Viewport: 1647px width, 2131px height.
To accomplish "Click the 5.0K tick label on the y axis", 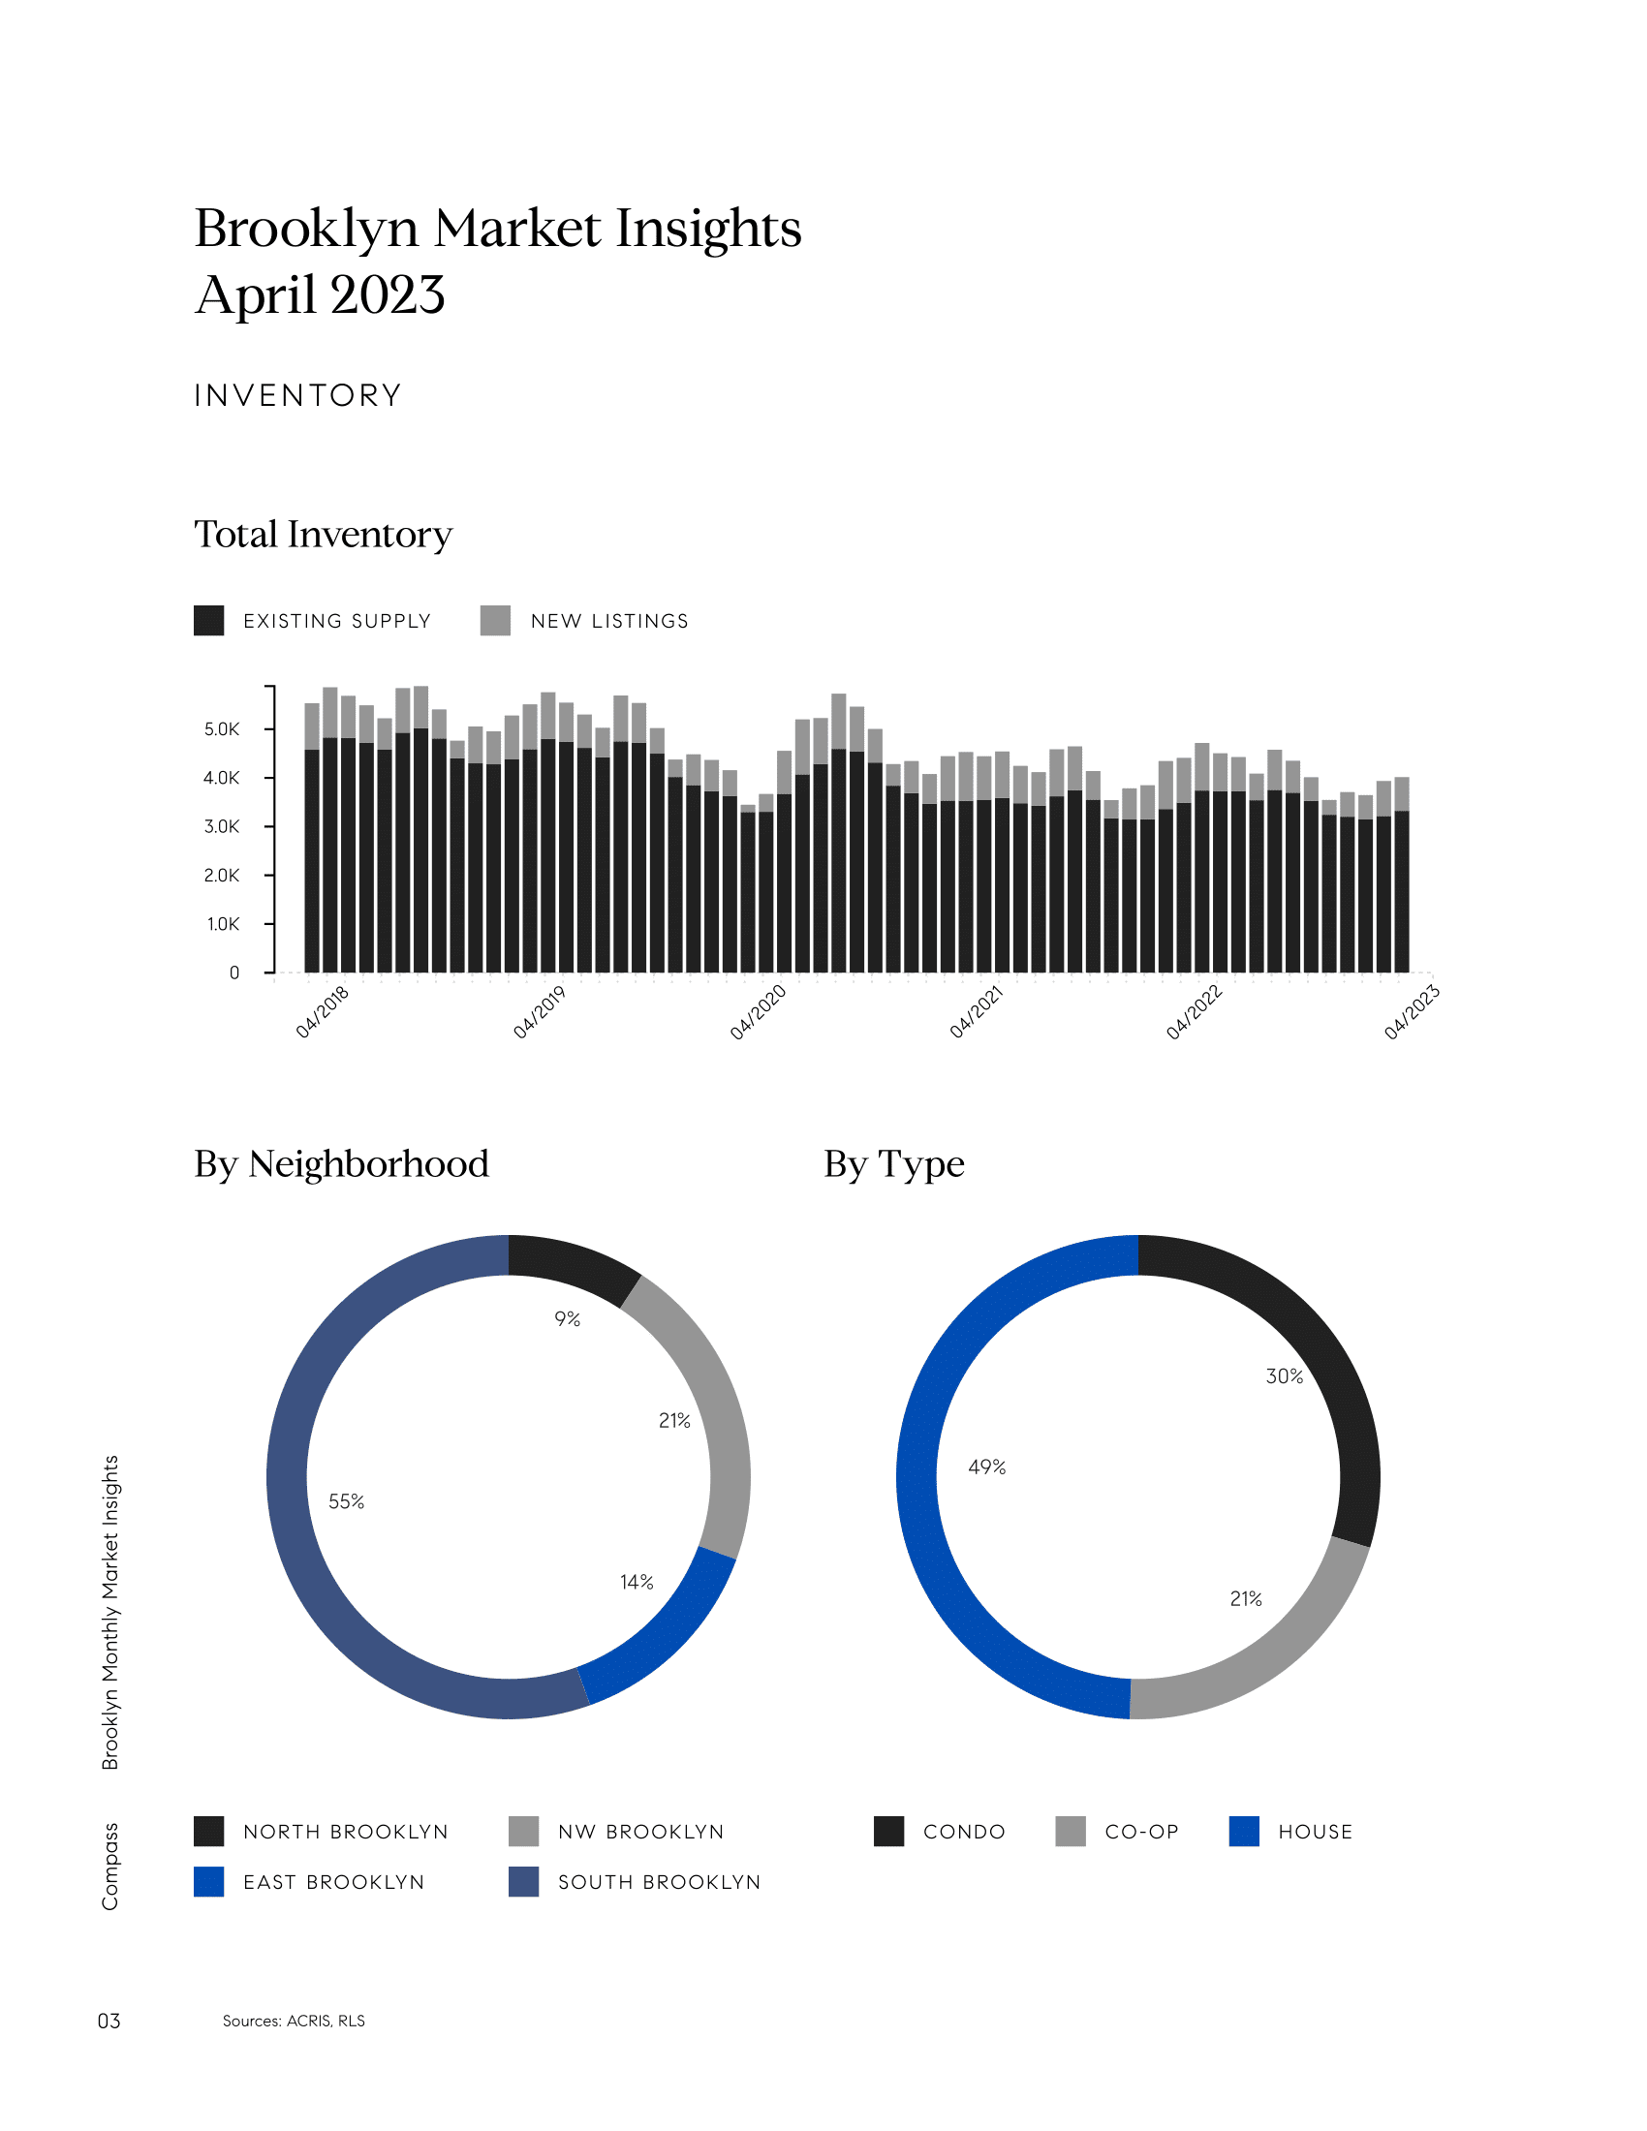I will tap(222, 728).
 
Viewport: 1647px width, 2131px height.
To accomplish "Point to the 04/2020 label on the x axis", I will tap(759, 1012).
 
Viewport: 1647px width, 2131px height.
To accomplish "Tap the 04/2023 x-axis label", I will tap(1412, 1012).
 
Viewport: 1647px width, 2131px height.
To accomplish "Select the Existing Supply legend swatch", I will tap(209, 621).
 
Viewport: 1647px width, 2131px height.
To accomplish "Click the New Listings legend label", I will tap(608, 622).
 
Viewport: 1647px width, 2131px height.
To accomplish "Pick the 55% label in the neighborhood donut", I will tap(347, 1501).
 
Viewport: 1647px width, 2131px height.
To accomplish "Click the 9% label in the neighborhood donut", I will tap(567, 1319).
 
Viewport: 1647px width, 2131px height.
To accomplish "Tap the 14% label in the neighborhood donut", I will tap(637, 1582).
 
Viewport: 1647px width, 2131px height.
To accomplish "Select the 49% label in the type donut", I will tap(986, 1467).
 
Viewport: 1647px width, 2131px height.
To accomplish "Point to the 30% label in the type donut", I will tap(1284, 1376).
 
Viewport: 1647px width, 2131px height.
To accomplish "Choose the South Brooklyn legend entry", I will tap(659, 1882).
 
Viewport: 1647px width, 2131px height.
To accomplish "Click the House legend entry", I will tap(1315, 1832).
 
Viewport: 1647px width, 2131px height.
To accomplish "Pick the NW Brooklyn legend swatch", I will tap(524, 1832).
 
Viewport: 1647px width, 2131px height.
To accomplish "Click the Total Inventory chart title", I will tap(323, 535).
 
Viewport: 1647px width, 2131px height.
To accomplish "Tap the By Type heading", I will tap(894, 1164).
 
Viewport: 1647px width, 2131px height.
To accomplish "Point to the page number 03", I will tap(109, 2021).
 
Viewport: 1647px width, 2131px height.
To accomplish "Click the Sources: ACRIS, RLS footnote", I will tap(294, 2021).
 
